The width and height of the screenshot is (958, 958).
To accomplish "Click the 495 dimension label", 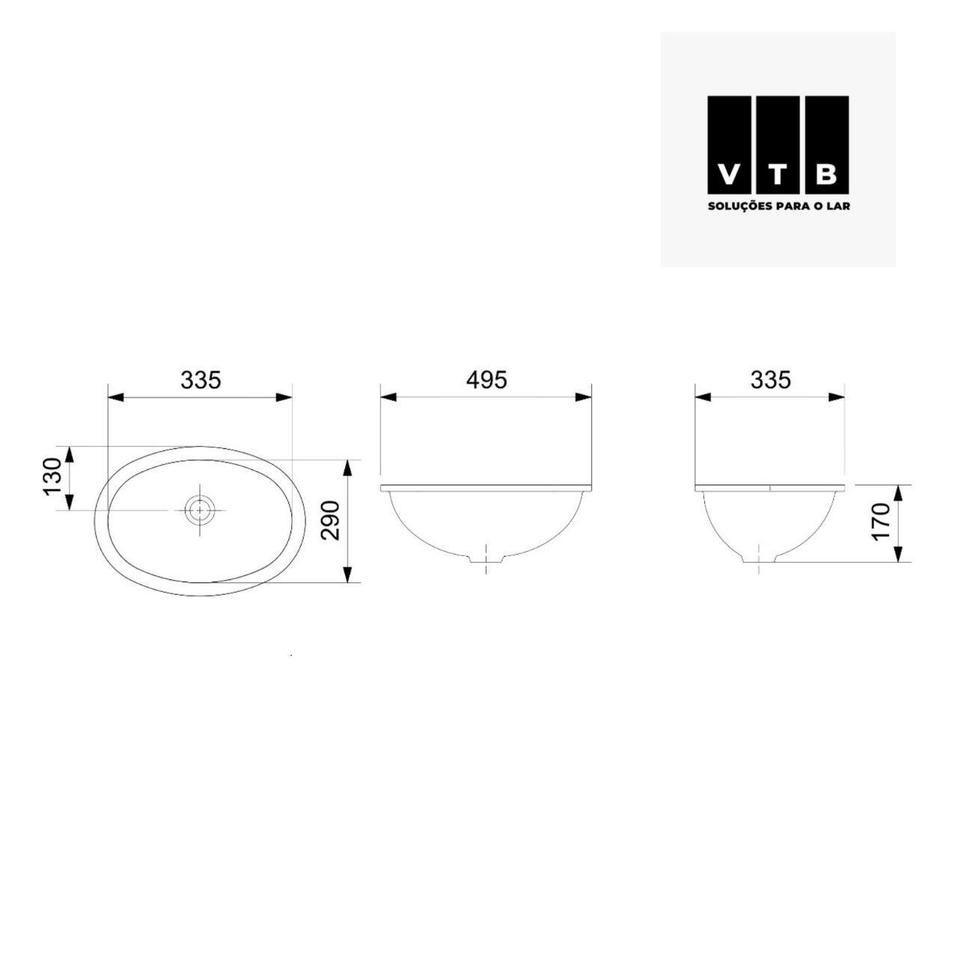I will (x=486, y=380).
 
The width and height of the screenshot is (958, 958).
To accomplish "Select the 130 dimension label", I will (x=52, y=477).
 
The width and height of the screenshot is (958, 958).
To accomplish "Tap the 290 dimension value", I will (x=331, y=520).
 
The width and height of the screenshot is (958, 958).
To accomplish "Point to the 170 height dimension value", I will (x=881, y=522).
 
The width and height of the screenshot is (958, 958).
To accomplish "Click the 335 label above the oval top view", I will (x=201, y=380).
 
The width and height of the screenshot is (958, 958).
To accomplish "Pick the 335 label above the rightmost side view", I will (x=770, y=380).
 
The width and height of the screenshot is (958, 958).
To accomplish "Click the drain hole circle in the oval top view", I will (x=200, y=510).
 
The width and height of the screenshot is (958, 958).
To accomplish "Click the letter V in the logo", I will (x=727, y=175).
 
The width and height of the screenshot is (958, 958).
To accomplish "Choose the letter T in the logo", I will (x=778, y=175).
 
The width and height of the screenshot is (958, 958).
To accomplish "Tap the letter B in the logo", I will (x=826, y=175).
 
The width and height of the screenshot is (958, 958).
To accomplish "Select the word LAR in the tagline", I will (x=840, y=206).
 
